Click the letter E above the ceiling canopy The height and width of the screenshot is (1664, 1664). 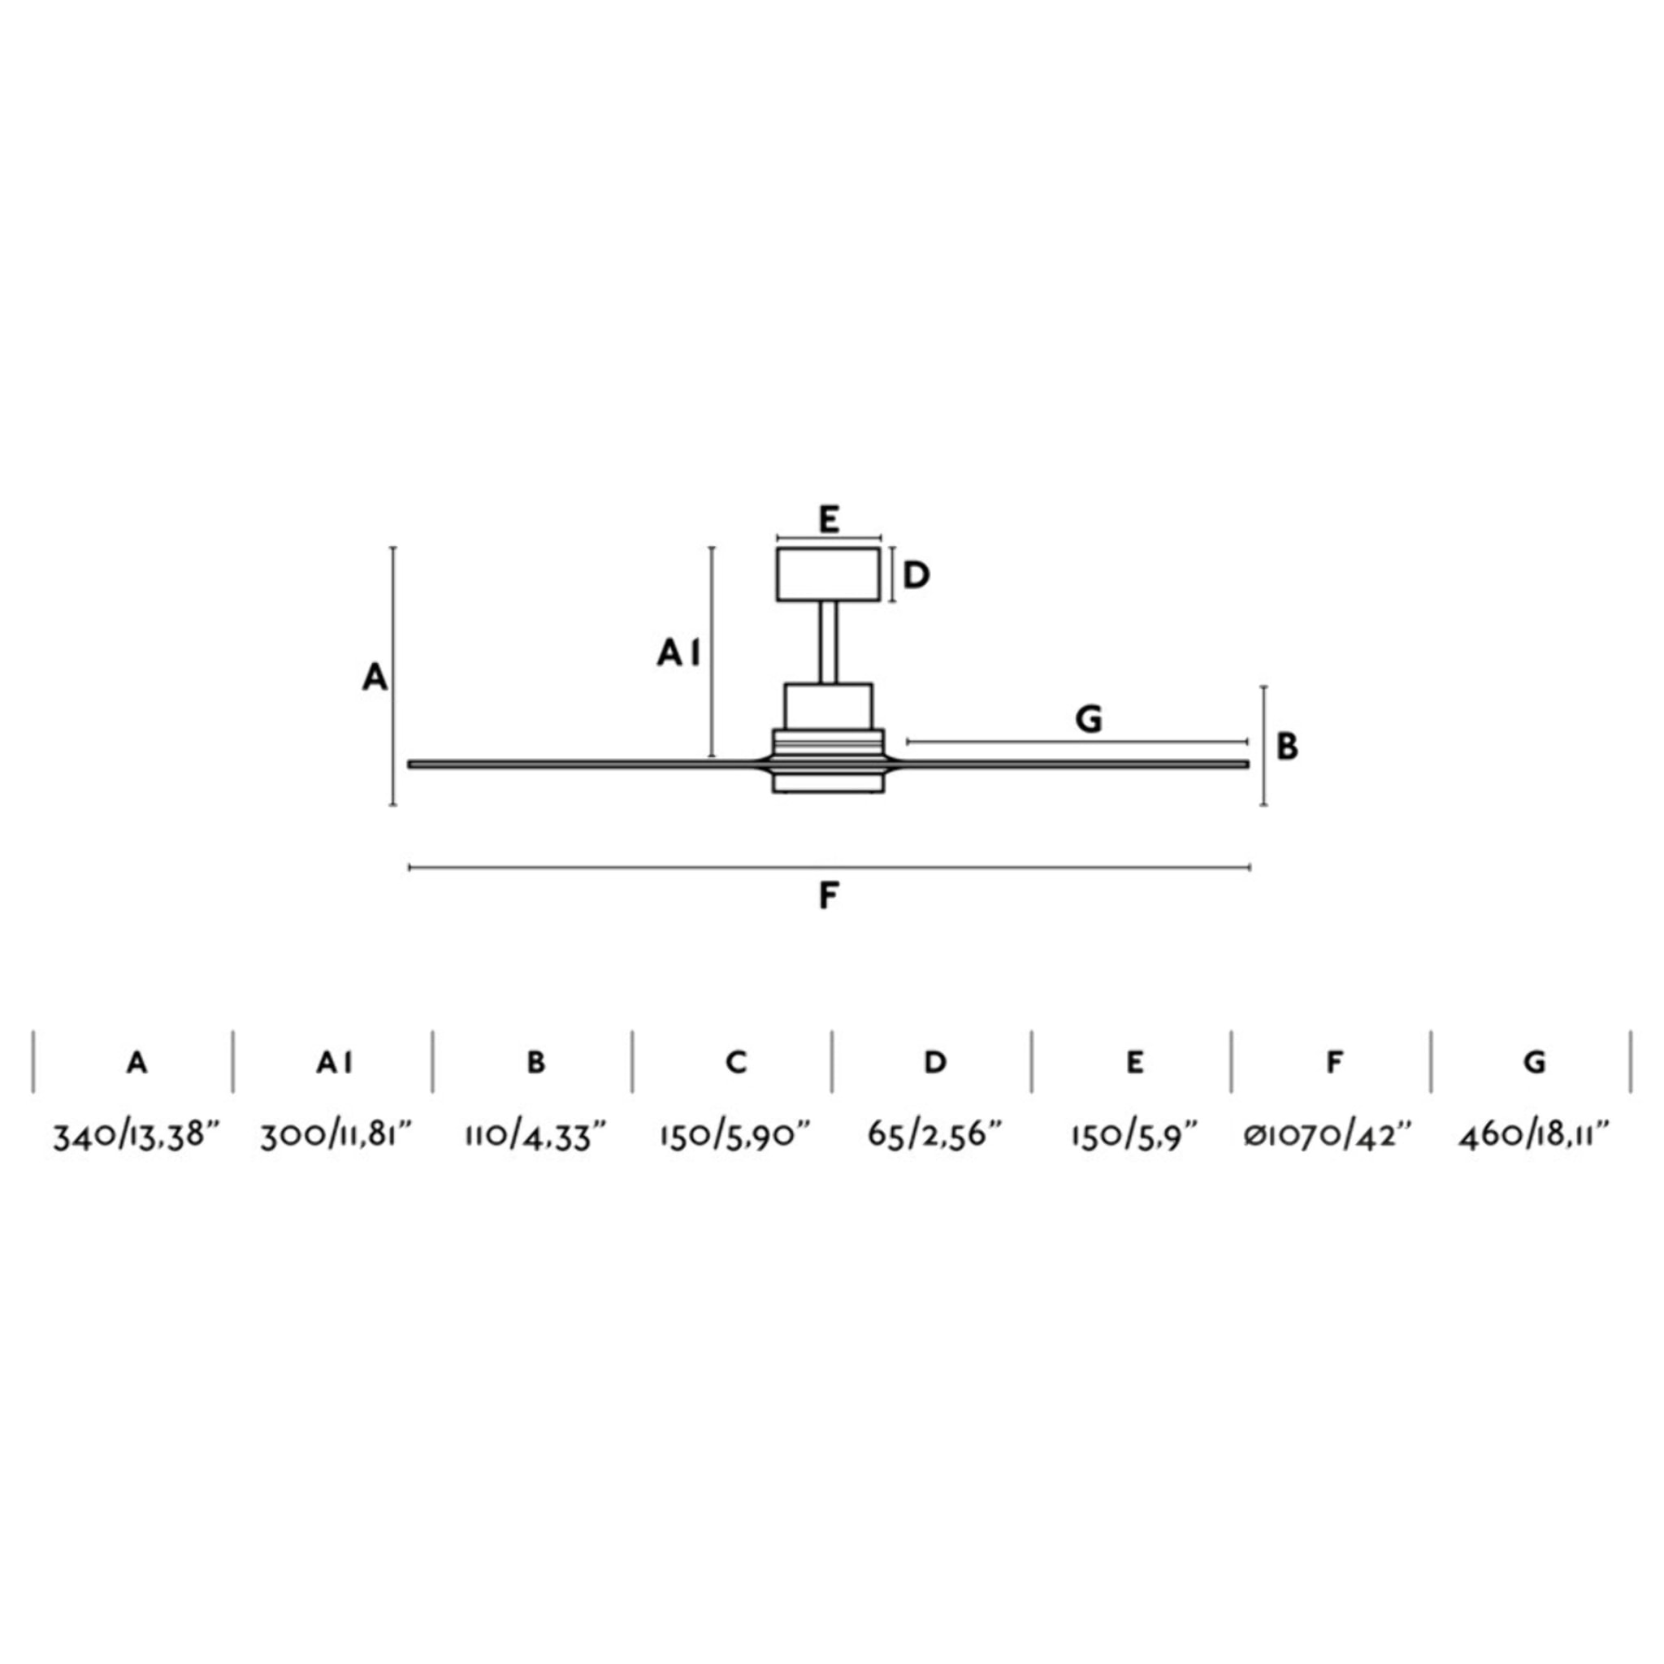(x=828, y=520)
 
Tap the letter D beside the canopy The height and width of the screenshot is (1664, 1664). (x=916, y=574)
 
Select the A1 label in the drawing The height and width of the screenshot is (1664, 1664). (x=678, y=655)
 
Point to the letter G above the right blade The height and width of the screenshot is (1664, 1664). (x=1089, y=718)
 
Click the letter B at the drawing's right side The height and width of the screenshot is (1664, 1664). (x=1287, y=746)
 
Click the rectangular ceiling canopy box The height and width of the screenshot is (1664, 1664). (x=828, y=574)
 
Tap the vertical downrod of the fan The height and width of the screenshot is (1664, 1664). (x=828, y=643)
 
